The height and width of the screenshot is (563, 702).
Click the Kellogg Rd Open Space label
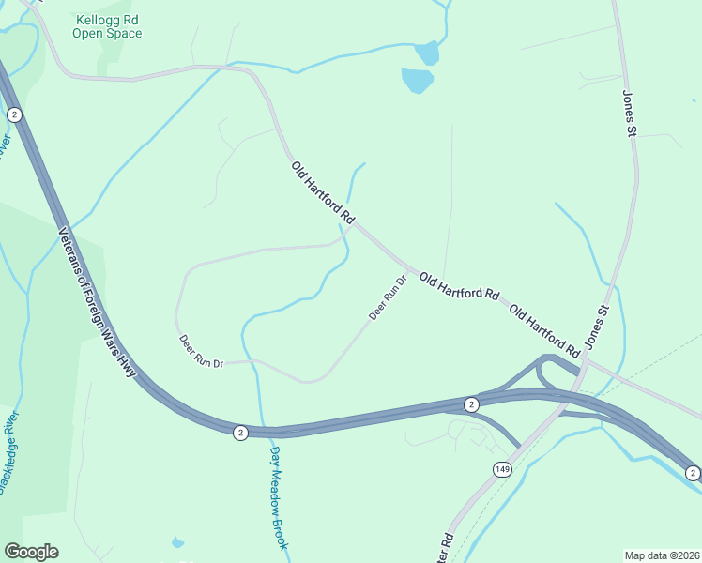click(x=108, y=26)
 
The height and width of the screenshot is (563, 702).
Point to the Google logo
click(x=31, y=552)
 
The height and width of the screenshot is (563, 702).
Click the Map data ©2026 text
click(x=662, y=555)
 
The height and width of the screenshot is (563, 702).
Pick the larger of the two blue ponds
click(x=418, y=80)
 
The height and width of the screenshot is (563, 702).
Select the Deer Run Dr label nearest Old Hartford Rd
click(x=387, y=297)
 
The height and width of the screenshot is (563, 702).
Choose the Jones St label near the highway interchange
click(x=597, y=327)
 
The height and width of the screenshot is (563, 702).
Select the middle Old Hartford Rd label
click(x=459, y=285)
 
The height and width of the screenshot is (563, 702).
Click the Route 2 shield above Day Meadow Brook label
click(x=240, y=432)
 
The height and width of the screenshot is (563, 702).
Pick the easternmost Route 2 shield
click(x=692, y=472)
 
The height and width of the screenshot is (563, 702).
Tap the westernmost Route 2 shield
click(x=14, y=114)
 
